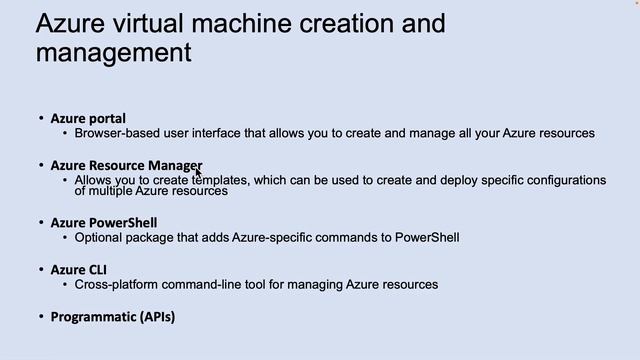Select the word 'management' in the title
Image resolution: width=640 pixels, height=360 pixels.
(113, 51)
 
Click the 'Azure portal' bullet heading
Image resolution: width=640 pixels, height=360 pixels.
(88, 118)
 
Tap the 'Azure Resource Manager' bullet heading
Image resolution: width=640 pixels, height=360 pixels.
(126, 165)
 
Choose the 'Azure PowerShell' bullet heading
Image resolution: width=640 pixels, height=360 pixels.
(104, 222)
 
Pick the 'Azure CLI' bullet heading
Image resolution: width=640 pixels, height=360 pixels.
(78, 269)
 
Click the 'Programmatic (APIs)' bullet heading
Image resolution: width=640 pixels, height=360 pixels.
(112, 317)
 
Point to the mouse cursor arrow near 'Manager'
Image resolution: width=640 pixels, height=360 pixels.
(198, 172)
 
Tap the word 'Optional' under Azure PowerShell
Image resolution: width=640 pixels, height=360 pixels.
(97, 237)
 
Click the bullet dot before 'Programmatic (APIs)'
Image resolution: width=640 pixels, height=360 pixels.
(41, 317)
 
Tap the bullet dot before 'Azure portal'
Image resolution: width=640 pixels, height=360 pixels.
(41, 118)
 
